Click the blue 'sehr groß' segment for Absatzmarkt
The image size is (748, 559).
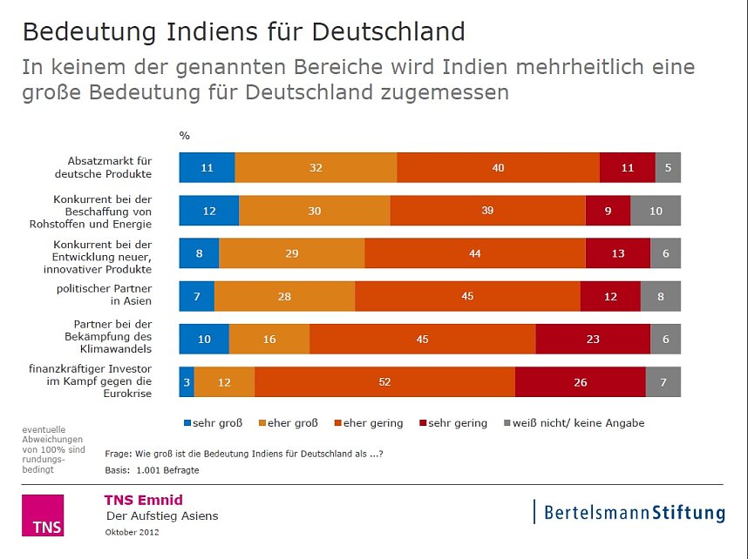[207, 167]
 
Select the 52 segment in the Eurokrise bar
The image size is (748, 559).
[384, 382]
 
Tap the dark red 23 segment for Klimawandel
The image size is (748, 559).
[593, 340]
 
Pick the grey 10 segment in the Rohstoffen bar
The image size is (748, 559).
[656, 211]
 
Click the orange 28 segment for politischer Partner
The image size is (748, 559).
[284, 297]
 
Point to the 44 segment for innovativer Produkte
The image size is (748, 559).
[475, 253]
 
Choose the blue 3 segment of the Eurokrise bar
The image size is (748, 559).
[187, 382]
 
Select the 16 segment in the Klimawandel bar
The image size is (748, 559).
[269, 340]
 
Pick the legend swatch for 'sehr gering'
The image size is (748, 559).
[425, 423]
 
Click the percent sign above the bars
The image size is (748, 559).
[184, 136]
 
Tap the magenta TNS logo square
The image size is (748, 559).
[43, 515]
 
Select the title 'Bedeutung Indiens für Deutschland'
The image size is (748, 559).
[243, 32]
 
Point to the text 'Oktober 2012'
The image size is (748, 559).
[133, 531]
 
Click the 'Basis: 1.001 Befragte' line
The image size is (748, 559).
[152, 470]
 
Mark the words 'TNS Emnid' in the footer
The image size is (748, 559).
[143, 500]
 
